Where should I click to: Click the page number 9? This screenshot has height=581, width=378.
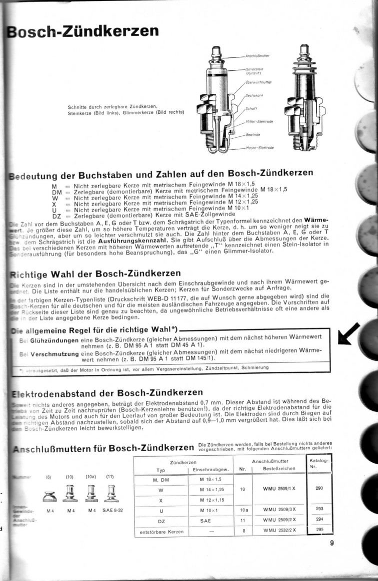tap(331, 544)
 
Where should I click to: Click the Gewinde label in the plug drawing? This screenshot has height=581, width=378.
tap(253, 134)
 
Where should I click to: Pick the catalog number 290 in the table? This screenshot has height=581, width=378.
tap(318, 488)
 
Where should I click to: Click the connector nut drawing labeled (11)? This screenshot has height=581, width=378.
tap(110, 495)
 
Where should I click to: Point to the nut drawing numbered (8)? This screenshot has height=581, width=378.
tap(49, 496)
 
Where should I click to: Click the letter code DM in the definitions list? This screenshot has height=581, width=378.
tap(56, 190)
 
